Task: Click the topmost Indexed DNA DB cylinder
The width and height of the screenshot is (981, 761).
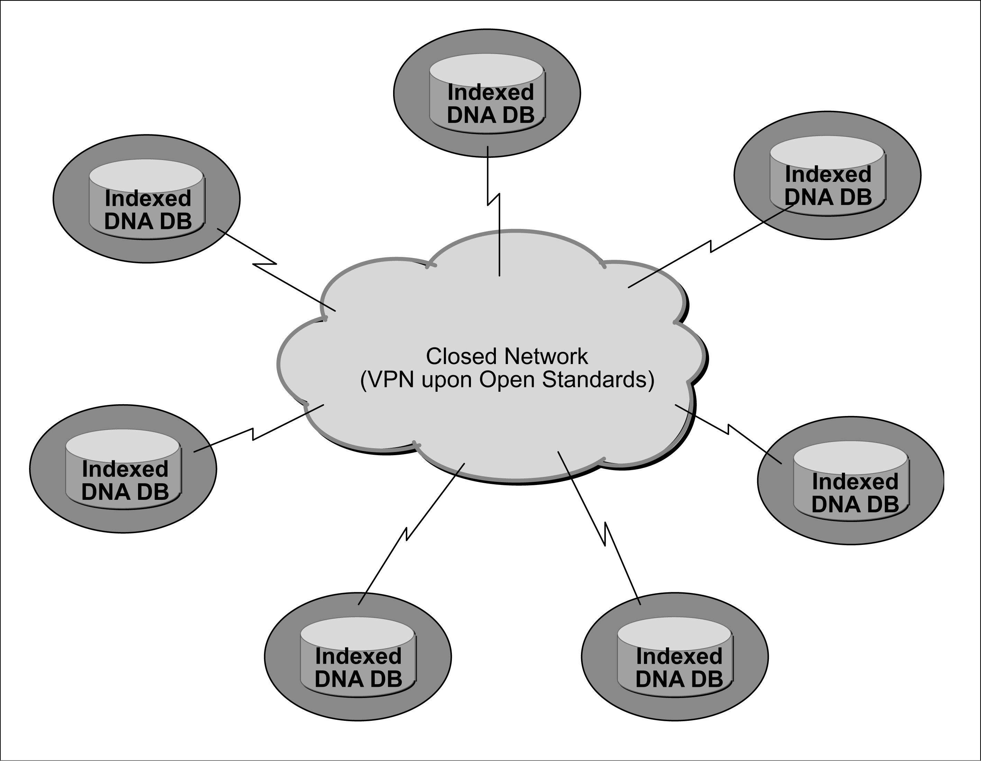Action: coord(487,95)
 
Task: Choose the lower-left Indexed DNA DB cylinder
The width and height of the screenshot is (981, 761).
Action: coord(124,470)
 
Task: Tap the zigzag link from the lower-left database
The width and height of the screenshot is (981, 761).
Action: coord(253,434)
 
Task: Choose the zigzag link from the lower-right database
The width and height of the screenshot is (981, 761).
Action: coord(728,429)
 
